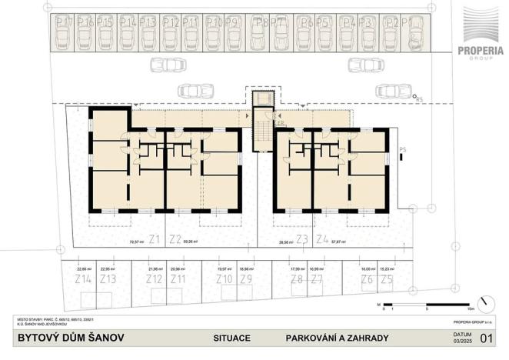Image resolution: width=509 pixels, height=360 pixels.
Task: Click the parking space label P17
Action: click(65, 22)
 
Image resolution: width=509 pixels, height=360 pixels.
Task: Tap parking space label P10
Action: click(213, 22)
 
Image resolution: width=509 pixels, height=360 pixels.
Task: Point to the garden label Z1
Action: click(154, 238)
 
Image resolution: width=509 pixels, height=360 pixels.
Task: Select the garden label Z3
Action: click(301, 238)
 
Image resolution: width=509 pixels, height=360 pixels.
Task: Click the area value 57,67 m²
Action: click(338, 242)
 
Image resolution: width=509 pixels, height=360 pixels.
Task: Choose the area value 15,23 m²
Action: click(389, 269)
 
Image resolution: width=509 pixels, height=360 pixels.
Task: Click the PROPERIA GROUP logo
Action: click(481, 35)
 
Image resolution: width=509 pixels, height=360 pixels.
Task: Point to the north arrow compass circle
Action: click(485, 304)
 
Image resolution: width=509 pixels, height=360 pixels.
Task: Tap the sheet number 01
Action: click(485, 337)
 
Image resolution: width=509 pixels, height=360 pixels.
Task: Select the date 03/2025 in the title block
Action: click(460, 341)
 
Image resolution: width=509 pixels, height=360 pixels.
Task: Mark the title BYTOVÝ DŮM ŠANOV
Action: click(67, 338)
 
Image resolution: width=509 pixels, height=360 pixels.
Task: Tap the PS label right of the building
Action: click(403, 150)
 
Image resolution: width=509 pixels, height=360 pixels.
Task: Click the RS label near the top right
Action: click(419, 99)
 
